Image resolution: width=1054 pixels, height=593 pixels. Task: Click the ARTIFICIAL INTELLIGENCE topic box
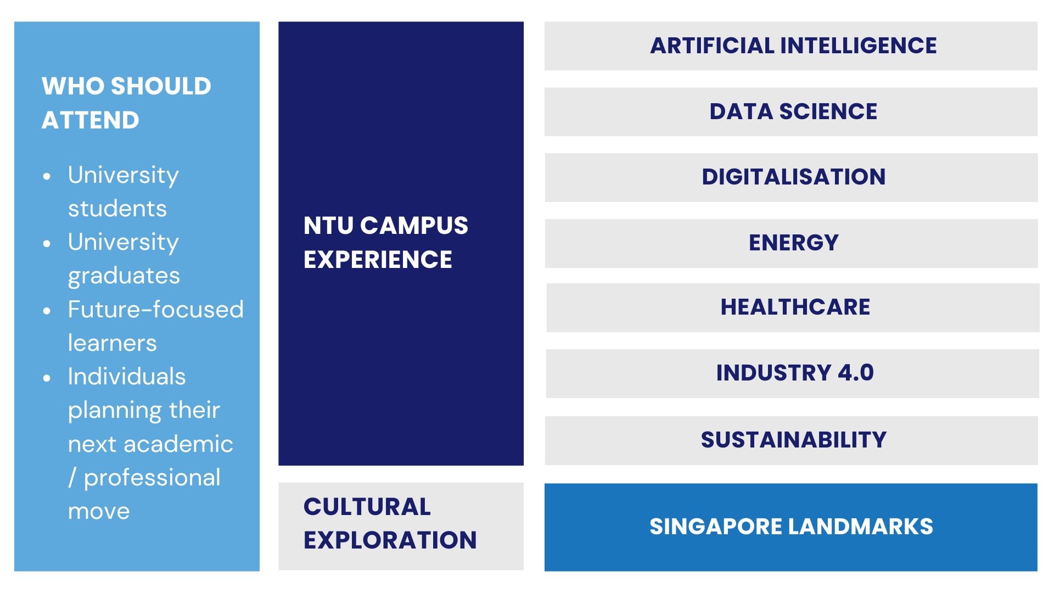click(x=791, y=46)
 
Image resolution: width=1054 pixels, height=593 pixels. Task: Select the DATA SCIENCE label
click(x=793, y=111)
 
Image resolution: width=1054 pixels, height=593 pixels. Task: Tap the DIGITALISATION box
click(x=791, y=177)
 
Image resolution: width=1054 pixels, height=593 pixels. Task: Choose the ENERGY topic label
click(x=794, y=243)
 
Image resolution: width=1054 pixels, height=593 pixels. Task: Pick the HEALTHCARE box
click(x=793, y=307)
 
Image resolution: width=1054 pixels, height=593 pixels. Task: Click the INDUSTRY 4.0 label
click(x=795, y=373)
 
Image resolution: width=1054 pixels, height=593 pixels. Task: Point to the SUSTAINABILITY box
click(x=791, y=440)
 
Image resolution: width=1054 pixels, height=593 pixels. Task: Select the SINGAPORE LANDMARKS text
click(x=791, y=527)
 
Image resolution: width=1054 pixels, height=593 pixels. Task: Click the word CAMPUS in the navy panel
click(x=414, y=226)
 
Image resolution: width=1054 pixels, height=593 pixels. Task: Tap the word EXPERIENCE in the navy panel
click(x=378, y=260)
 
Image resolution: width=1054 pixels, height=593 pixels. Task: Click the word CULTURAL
click(x=367, y=507)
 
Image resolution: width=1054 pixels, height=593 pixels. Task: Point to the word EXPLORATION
click(x=390, y=540)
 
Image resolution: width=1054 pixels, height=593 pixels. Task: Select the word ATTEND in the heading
click(x=91, y=120)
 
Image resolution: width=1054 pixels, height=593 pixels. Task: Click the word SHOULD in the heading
click(x=161, y=86)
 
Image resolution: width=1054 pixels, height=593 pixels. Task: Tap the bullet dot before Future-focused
click(x=47, y=311)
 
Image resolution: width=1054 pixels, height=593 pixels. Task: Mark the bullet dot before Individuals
click(x=47, y=378)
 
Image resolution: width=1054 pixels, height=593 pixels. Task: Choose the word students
click(x=117, y=209)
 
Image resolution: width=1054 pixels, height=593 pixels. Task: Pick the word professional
click(x=152, y=478)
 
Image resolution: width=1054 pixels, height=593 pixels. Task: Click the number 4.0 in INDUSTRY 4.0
click(x=855, y=373)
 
